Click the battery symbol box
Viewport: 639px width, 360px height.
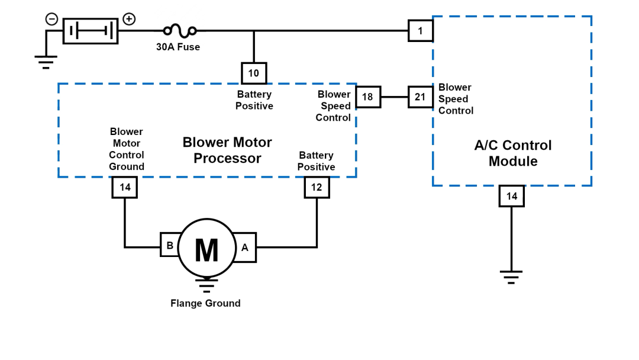pos(91,31)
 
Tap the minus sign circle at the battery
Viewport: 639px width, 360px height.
pos(51,19)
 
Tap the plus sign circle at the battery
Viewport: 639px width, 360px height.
pos(128,19)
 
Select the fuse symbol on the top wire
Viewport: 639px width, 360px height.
pos(179,30)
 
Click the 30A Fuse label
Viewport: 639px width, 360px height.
pos(177,47)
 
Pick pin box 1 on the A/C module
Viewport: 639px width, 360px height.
pos(420,31)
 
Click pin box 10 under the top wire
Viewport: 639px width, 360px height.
pos(254,73)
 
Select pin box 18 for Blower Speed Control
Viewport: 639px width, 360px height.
pos(367,97)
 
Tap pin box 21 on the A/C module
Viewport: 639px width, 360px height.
pos(420,97)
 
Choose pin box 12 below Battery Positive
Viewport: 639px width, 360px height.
pos(317,188)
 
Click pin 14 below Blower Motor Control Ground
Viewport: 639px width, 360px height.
pos(124,188)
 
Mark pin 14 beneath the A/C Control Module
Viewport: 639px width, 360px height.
pos(511,196)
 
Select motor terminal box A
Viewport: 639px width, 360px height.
pos(245,248)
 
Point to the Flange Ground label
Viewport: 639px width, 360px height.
pos(205,303)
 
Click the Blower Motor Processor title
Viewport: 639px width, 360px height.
pos(227,150)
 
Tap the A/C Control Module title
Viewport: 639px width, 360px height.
pos(513,153)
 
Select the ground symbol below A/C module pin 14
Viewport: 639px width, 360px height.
pos(511,276)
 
